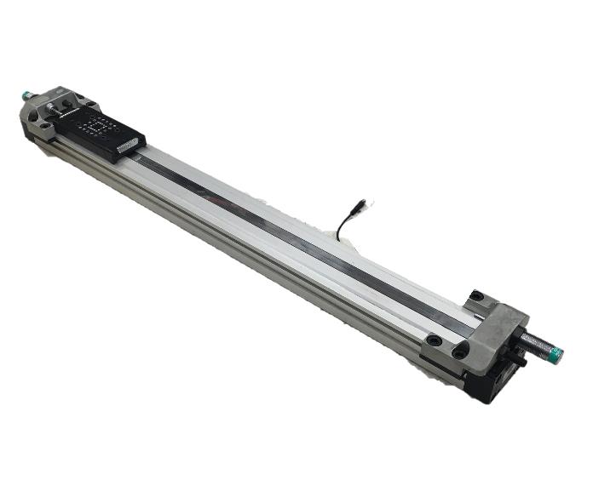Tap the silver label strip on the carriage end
tap(129, 146)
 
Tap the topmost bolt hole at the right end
tap(477, 297)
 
